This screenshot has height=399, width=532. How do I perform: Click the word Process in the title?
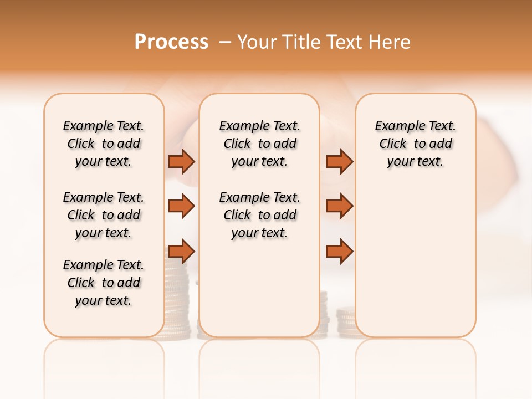[x=171, y=42]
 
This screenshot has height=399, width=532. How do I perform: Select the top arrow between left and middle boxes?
[x=181, y=161]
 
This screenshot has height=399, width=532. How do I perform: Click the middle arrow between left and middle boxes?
[x=181, y=206]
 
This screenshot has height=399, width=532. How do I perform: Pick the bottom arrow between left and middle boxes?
[x=181, y=252]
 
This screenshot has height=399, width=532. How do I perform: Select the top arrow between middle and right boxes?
[x=339, y=161]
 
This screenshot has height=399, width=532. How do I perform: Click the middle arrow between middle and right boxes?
[x=339, y=206]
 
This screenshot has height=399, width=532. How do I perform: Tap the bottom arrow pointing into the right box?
[x=339, y=252]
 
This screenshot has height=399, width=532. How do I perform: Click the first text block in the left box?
[x=104, y=144]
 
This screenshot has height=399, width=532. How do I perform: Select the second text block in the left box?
[x=104, y=215]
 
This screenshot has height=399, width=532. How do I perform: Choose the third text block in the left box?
[x=104, y=283]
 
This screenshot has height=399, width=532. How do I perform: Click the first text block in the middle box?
[x=259, y=144]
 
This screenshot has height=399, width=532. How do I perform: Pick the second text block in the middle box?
[x=259, y=215]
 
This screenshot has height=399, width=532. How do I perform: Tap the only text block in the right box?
[x=416, y=144]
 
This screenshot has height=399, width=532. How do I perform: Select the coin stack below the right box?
[x=346, y=324]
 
